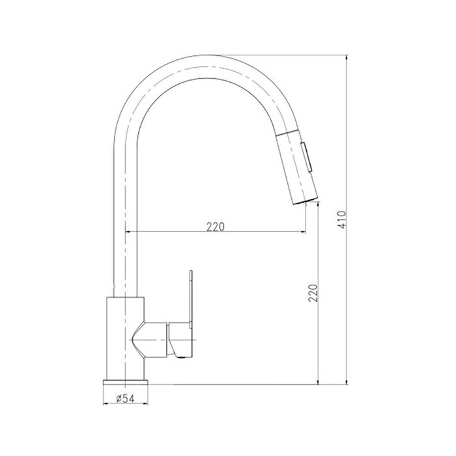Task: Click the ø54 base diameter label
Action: pyautogui.click(x=126, y=399)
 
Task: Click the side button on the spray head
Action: pyautogui.click(x=307, y=158)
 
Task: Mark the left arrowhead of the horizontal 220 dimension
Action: pyautogui.click(x=128, y=233)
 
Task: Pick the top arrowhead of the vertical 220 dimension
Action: pyautogui.click(x=319, y=205)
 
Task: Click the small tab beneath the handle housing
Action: pyautogui.click(x=180, y=352)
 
